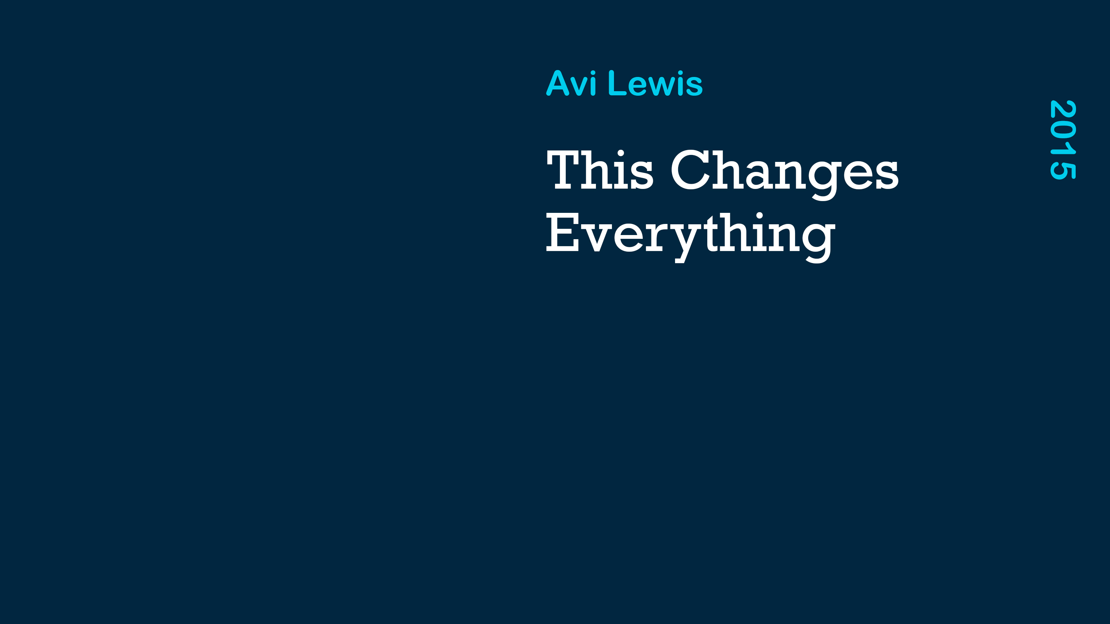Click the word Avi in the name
(x=571, y=83)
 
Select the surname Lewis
(x=655, y=83)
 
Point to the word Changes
(x=785, y=174)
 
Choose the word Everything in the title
(x=691, y=237)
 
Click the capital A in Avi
(x=557, y=83)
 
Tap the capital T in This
(x=563, y=170)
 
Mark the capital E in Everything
(x=562, y=233)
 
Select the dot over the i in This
(x=621, y=153)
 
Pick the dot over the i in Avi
(x=593, y=72)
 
